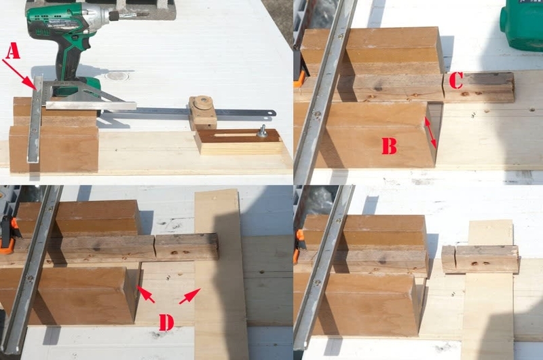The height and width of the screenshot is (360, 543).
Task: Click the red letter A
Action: (12, 51)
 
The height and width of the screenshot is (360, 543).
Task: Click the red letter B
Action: (389, 146)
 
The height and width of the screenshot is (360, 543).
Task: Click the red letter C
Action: (455, 81)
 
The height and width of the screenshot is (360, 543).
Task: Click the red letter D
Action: (166, 323)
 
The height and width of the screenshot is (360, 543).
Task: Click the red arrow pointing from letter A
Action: (20, 74)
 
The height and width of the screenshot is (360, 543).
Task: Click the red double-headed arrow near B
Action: (430, 132)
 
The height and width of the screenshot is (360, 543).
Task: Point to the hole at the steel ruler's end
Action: (273, 113)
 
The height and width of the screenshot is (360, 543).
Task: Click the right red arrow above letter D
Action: (190, 296)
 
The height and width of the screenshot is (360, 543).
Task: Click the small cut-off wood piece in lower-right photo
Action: (449, 259)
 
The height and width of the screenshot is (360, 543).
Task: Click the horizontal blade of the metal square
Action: (91, 105)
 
